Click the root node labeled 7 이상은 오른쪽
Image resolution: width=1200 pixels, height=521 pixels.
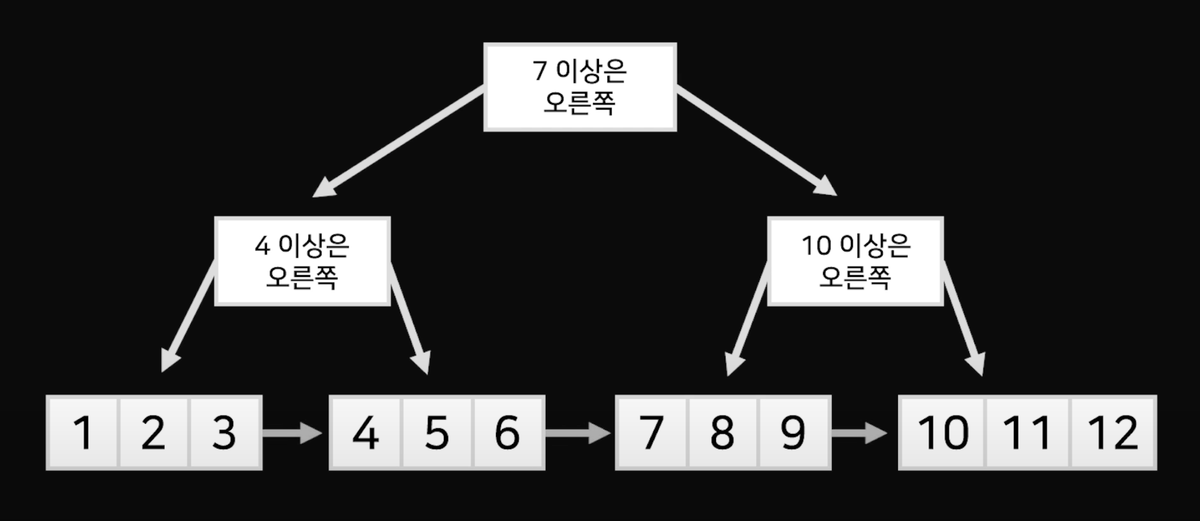(x=580, y=87)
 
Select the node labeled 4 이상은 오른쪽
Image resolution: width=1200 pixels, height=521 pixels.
(x=302, y=261)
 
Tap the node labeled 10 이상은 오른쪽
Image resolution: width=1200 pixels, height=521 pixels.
(x=855, y=261)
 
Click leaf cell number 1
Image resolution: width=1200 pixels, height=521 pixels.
(x=83, y=433)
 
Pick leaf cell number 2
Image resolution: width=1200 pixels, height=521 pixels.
(x=153, y=433)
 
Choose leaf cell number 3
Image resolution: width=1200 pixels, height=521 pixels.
(x=225, y=433)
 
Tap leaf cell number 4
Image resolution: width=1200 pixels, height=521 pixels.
(x=365, y=433)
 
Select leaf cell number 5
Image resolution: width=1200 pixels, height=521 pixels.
(x=437, y=433)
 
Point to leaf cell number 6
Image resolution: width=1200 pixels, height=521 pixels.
(x=507, y=433)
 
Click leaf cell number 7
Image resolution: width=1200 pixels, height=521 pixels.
(x=651, y=433)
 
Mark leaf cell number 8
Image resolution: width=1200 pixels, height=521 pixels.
(x=723, y=433)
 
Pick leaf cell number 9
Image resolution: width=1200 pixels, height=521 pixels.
(x=793, y=433)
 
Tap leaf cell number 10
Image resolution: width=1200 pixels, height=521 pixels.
(x=943, y=433)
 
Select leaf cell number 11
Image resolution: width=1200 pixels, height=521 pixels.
(x=1027, y=433)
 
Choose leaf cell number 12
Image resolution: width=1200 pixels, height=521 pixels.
(x=1112, y=433)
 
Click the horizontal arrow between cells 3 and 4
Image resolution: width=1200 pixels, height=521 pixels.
(x=291, y=433)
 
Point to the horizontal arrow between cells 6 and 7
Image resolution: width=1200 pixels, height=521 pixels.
(x=577, y=433)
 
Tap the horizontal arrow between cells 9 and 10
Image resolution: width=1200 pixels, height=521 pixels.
(x=858, y=433)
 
